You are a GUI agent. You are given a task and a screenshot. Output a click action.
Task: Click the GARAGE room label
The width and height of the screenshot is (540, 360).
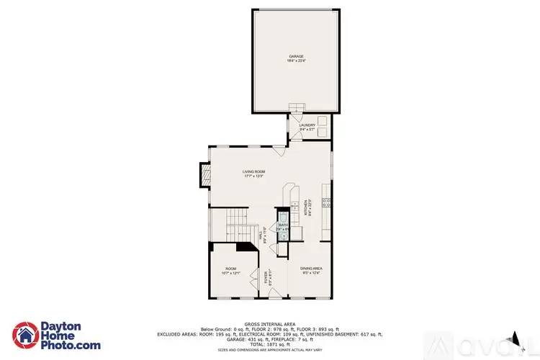[x=297, y=56]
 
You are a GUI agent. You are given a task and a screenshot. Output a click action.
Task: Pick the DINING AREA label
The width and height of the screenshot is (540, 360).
[x=311, y=269]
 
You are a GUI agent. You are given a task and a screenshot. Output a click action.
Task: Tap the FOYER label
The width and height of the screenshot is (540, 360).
[x=264, y=277]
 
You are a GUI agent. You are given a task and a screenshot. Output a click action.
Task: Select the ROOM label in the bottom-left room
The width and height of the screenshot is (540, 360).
[x=230, y=269]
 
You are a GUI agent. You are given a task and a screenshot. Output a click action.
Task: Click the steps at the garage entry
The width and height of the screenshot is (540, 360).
[x=297, y=108]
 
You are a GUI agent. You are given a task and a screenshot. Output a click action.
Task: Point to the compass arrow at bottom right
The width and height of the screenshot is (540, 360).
[x=514, y=337]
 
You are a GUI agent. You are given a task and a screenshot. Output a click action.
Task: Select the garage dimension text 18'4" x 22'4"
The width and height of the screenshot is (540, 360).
[x=297, y=61]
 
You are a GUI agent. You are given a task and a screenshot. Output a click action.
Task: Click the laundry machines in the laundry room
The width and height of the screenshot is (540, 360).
[x=320, y=125]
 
